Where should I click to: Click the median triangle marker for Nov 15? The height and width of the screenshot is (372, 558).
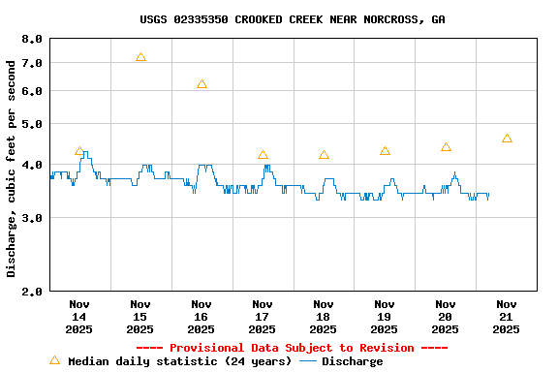140,58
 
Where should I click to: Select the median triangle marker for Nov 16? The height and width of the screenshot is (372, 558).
201,84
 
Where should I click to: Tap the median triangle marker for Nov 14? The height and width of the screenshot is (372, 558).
79,151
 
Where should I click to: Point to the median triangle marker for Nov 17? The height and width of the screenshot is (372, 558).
263,155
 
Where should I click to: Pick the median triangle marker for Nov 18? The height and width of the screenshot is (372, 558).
324,155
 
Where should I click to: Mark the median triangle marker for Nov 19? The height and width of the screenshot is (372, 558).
385,151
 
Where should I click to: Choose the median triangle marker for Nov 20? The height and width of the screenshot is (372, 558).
446,147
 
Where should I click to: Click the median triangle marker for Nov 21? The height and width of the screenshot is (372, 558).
507,139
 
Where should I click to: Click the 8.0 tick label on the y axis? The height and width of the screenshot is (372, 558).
32,39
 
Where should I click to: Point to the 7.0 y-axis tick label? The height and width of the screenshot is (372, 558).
32,63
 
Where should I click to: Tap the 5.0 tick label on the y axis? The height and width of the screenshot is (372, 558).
32,124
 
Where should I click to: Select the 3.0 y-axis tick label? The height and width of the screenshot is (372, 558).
32,218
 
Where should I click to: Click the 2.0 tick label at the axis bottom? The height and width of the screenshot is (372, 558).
32,291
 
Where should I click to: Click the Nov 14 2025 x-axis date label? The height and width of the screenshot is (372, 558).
79,316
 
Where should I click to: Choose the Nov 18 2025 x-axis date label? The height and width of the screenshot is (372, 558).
324,316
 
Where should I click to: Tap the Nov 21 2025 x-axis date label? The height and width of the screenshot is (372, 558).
507,316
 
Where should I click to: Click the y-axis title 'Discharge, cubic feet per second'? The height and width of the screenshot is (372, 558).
12,168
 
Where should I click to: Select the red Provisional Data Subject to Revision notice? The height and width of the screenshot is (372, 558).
292,348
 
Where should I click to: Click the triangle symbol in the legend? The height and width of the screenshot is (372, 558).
54,360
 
